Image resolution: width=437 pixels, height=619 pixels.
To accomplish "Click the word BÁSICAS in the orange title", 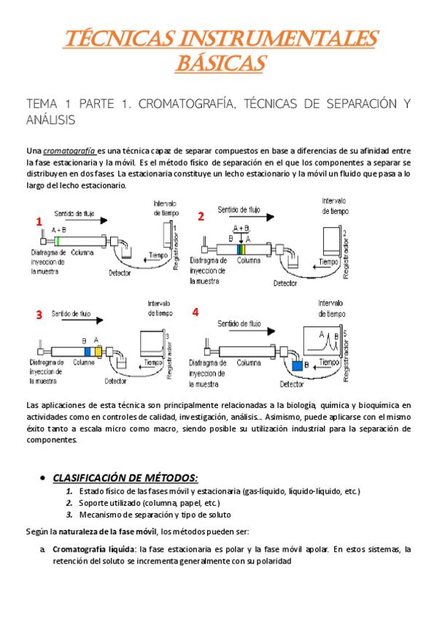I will pos(219,63).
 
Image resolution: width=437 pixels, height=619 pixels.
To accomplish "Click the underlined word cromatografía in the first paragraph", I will pos(70,150).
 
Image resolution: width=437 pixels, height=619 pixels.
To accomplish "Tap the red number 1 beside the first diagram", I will pos(39,221).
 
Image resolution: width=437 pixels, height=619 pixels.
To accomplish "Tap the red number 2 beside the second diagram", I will pos(201,216).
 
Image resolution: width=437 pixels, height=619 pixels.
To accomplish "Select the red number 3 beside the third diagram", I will pos(39,315).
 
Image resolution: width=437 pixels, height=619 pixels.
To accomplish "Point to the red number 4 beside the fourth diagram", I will pos(195,312).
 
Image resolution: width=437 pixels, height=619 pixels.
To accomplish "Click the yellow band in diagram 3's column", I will pos(97,351).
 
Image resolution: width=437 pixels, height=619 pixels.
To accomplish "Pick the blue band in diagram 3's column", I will pos(87,351).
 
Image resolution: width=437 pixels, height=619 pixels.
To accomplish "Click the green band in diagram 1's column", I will pos(58,240).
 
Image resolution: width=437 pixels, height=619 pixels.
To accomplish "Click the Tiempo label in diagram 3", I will pos(153,361).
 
